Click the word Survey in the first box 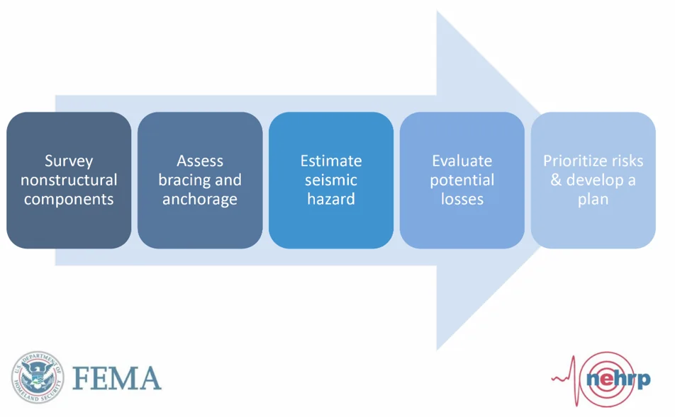[69, 161]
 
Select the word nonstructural [69, 181]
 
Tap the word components [69, 200]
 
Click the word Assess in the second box [200, 161]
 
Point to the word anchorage [200, 200]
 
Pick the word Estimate [331, 161]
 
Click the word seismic [331, 181]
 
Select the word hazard [331, 200]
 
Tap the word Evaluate [462, 161]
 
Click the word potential [462, 181]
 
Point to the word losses [462, 200]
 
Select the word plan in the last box [593, 200]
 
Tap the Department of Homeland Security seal [37, 376]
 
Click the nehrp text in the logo [618, 379]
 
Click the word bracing [180, 181]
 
